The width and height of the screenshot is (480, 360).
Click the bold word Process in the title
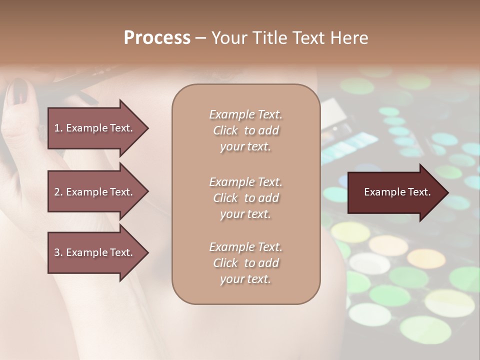click(x=157, y=38)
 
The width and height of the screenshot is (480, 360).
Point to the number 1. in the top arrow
click(x=58, y=128)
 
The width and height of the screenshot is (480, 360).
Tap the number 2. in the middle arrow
click(x=58, y=192)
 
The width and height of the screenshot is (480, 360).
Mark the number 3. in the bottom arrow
click(x=58, y=252)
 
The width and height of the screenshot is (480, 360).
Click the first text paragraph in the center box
click(x=245, y=130)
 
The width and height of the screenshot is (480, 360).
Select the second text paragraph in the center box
click(x=245, y=198)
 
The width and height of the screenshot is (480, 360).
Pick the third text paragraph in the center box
click(x=245, y=263)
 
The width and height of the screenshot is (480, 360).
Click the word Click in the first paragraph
click(x=225, y=130)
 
